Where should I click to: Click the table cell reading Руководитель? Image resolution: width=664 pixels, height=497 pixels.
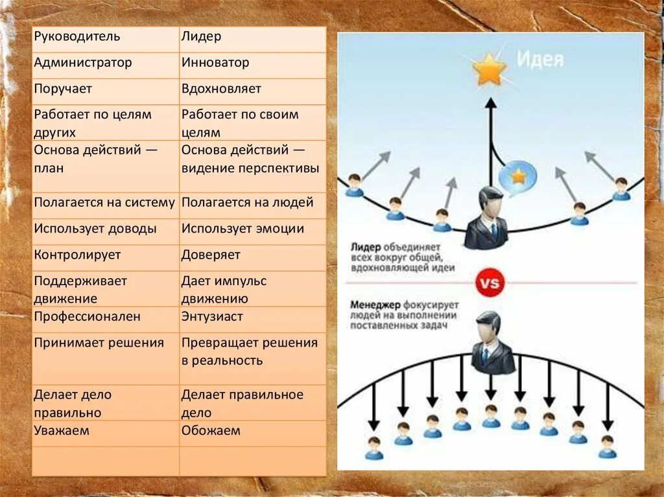tap(77, 36)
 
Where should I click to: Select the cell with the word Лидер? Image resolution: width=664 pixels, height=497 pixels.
tap(202, 36)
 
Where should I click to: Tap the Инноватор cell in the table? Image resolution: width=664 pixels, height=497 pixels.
tap(215, 63)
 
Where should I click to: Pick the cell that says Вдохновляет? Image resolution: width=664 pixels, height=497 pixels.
tap(222, 89)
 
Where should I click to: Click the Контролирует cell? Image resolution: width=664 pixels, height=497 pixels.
tap(78, 255)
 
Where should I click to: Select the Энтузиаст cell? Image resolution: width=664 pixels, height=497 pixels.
tap(212, 317)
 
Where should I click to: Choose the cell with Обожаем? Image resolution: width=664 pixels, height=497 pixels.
tap(211, 430)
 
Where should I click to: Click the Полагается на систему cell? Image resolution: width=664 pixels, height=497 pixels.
tap(104, 202)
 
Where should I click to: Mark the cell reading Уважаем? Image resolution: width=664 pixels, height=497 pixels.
tap(62, 430)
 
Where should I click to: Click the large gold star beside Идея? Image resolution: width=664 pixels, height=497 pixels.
tap(489, 70)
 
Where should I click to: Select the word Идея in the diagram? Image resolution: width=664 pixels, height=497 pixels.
tap(540, 60)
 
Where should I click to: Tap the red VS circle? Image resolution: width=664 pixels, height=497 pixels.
tap(490, 283)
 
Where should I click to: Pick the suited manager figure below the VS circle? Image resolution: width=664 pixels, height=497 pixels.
tap(490, 343)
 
